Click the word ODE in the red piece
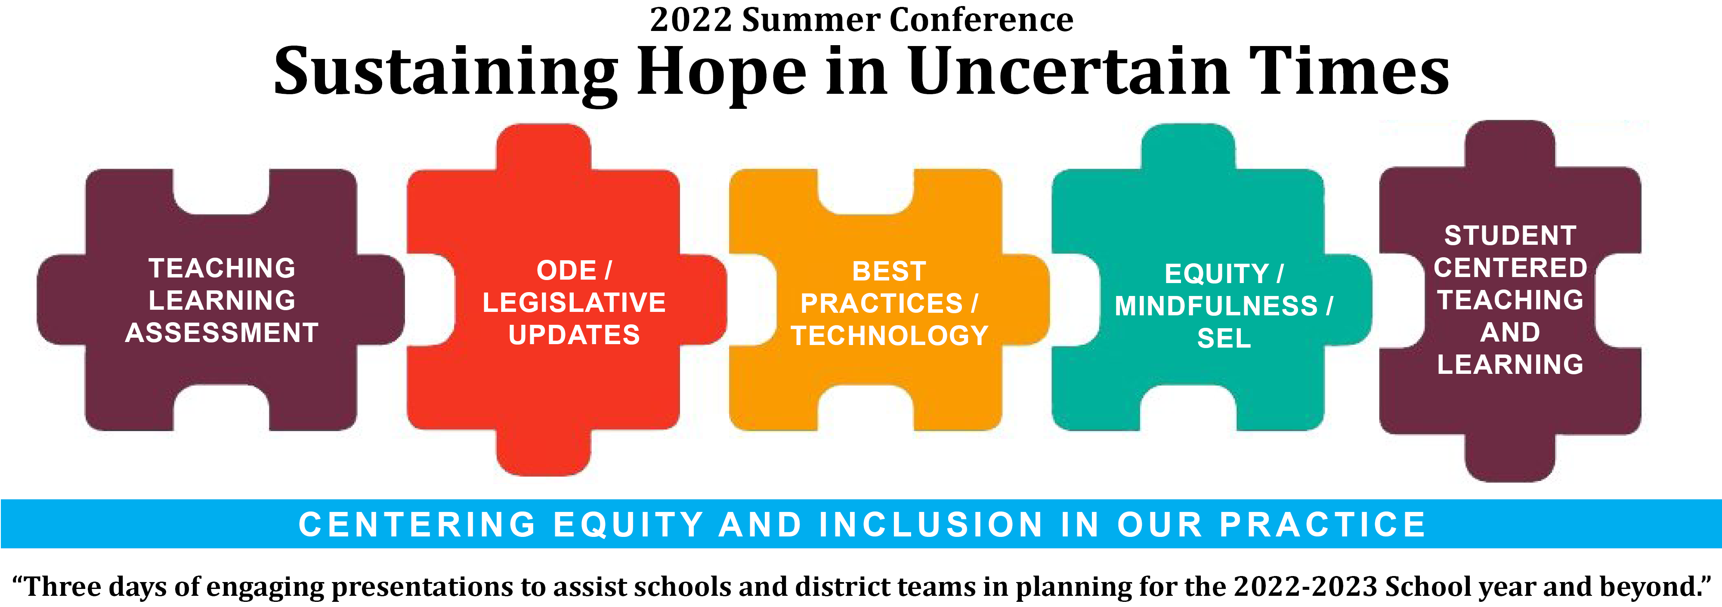tap(566, 270)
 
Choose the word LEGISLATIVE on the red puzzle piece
tap(574, 302)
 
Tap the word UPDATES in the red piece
tap(574, 334)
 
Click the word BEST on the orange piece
tap(889, 271)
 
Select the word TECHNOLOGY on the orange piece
tap(890, 336)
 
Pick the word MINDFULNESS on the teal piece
tap(1216, 306)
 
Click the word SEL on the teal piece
tap(1224, 338)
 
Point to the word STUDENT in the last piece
tap(1510, 235)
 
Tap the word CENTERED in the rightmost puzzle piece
tap(1510, 268)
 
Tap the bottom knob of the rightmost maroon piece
tap(1510, 457)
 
